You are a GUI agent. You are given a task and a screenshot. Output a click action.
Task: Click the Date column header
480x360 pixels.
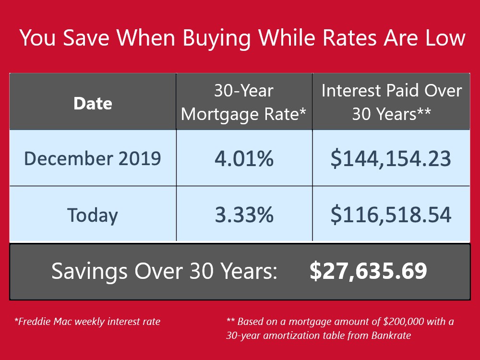(93, 104)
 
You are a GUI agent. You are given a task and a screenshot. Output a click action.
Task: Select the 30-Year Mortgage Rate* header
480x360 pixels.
(244, 103)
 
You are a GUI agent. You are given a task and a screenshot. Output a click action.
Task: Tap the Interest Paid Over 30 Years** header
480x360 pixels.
(392, 102)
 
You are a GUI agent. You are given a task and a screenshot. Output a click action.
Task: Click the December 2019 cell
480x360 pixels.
(93, 158)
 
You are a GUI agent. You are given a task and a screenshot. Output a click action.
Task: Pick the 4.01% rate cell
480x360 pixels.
(244, 158)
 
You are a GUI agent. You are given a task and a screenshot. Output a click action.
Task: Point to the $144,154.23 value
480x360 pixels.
(391, 159)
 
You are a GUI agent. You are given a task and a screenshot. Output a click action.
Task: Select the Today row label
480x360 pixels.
(93, 215)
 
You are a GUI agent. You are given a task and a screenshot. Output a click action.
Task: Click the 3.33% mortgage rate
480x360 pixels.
(244, 215)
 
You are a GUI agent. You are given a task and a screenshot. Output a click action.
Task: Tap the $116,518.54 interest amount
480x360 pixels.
(391, 215)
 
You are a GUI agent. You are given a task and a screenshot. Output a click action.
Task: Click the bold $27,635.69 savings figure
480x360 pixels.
(368, 271)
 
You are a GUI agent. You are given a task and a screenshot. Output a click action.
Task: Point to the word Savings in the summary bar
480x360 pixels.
(89, 271)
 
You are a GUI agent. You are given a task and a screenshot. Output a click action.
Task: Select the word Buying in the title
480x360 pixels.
(216, 39)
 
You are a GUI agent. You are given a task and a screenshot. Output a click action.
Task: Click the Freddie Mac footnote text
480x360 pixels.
(87, 322)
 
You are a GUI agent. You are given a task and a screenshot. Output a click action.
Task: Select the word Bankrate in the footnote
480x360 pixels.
(391, 335)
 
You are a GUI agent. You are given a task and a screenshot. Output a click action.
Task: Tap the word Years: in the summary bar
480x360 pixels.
(249, 271)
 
